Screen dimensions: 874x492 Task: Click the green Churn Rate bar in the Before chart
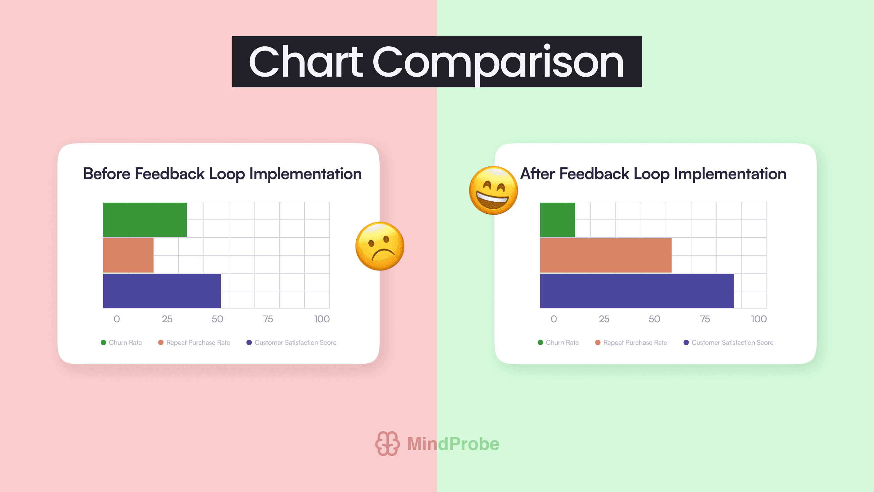[145, 220]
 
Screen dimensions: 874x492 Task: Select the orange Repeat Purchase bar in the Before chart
[128, 255]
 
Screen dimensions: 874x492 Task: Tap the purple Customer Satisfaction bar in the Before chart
[162, 291]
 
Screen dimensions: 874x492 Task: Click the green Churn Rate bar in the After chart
[557, 220]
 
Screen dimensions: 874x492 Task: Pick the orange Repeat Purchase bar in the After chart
[606, 255]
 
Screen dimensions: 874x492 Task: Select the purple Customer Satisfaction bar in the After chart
[637, 291]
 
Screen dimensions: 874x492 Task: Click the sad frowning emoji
[380, 246]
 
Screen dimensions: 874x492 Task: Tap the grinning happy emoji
[494, 191]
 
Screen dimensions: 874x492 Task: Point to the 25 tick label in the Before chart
[167, 319]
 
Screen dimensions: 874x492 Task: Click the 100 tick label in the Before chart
[322, 319]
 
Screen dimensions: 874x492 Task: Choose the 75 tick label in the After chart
[705, 319]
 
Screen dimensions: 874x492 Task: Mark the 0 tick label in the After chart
[554, 319]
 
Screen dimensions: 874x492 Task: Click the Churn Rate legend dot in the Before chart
[103, 342]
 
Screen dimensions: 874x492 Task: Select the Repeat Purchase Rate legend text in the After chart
[635, 342]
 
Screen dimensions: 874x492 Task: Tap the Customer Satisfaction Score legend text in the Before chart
[295, 342]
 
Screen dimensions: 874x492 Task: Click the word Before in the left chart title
[107, 174]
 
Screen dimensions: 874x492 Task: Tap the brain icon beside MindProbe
[387, 444]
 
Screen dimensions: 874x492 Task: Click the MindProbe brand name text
[453, 444]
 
